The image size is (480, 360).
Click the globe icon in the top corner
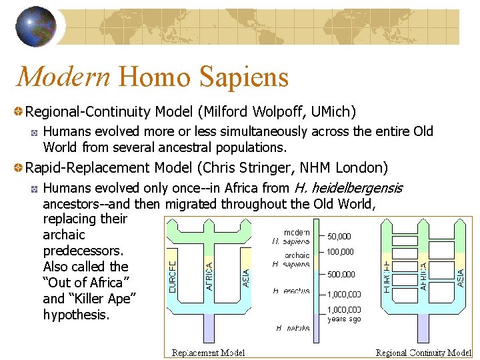point(35,27)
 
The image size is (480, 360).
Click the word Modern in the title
point(63,77)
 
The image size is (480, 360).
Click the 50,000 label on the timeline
point(339,236)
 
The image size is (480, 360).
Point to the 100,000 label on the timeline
point(340,252)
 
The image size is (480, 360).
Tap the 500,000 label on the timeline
point(340,274)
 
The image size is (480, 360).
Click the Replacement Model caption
point(208,353)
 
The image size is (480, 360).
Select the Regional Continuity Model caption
point(423,353)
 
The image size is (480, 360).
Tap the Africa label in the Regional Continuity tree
point(423,274)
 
